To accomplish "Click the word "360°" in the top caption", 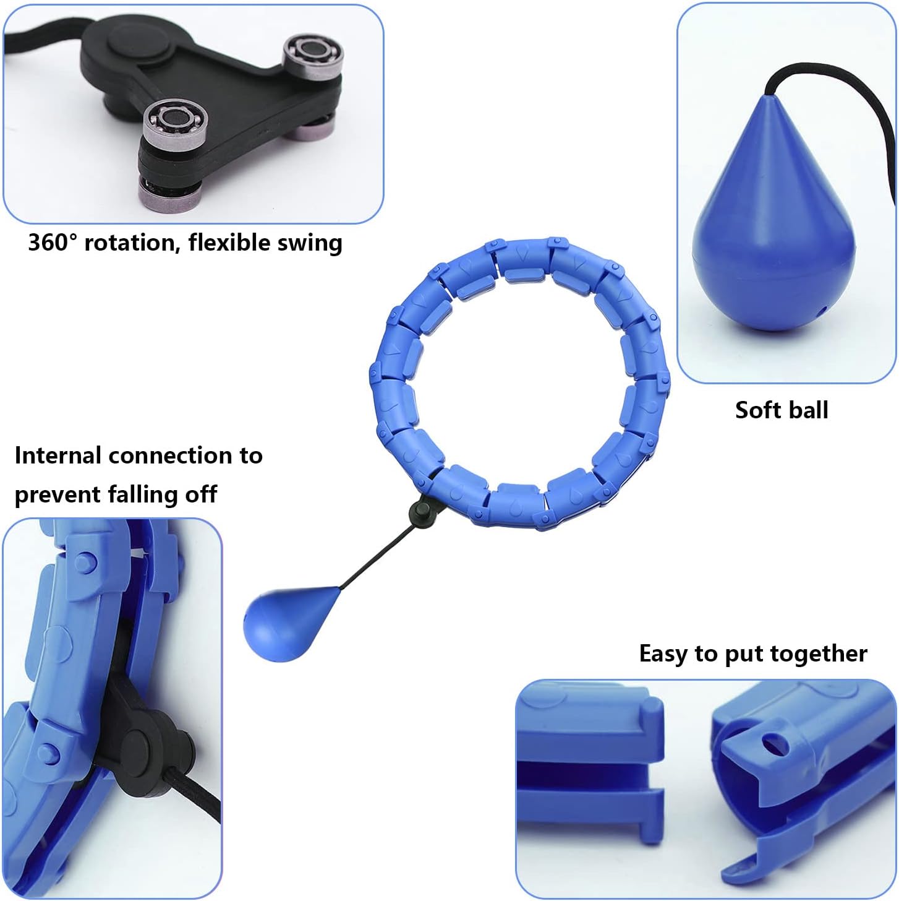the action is tap(53, 242).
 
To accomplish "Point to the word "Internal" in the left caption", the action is tap(58, 455).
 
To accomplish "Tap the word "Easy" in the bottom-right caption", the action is tap(663, 653).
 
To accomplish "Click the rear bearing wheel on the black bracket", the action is tap(313, 54).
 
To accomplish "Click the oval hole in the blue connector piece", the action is tap(774, 745).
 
